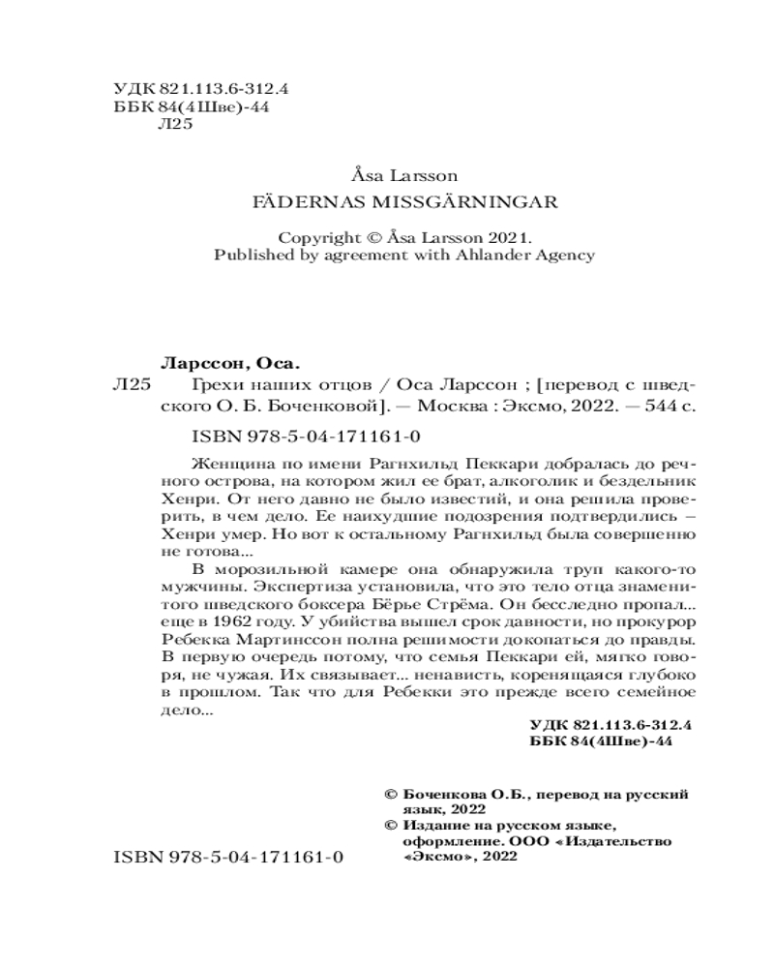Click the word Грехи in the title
tap(215, 384)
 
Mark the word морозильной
tap(258, 570)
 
